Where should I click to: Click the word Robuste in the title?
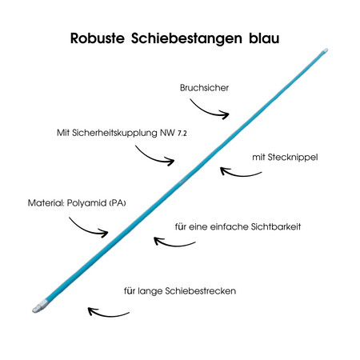click(x=98, y=38)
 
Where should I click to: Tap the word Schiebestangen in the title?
click(x=186, y=39)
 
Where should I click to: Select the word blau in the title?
click(x=264, y=38)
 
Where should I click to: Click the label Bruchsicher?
click(x=204, y=88)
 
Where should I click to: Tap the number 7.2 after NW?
click(x=182, y=134)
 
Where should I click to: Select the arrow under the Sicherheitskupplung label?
click(x=154, y=158)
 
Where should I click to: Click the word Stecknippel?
click(x=293, y=158)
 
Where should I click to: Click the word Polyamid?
click(x=86, y=203)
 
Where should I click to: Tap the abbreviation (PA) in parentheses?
click(x=118, y=203)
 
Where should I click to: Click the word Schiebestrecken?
click(x=201, y=291)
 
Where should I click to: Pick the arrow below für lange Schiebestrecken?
click(x=107, y=314)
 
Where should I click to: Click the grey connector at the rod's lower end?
click(x=40, y=306)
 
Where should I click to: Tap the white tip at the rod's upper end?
click(x=324, y=50)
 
